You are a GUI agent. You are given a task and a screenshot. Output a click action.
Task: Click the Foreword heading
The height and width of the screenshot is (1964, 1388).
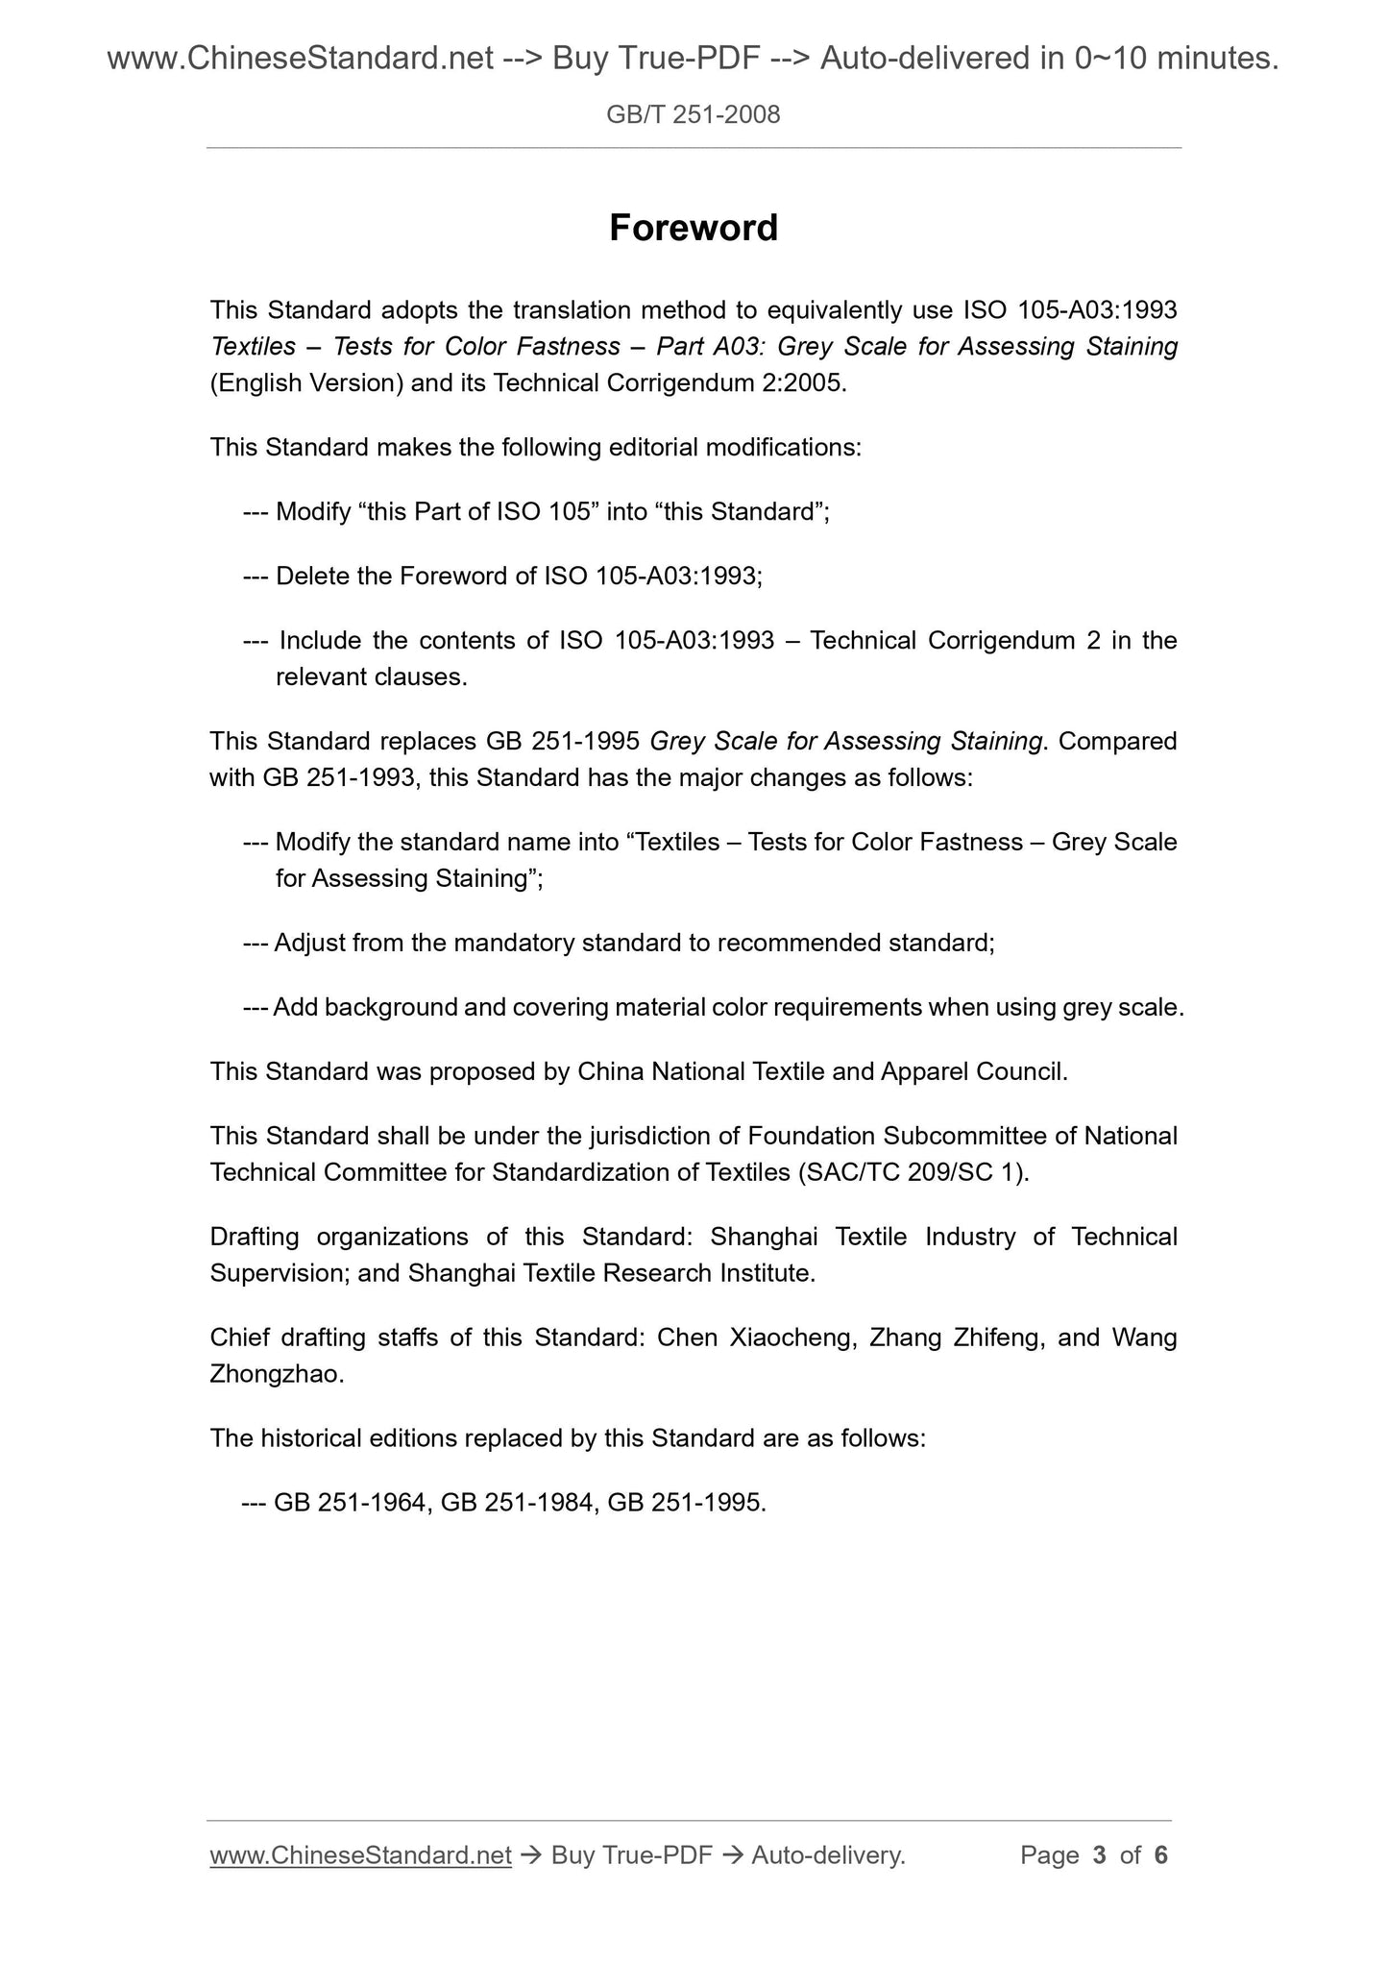[x=694, y=229]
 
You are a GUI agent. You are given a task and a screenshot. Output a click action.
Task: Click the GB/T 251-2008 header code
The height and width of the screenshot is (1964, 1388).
[x=694, y=115]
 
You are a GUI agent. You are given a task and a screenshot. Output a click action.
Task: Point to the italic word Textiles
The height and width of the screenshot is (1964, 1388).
[x=253, y=347]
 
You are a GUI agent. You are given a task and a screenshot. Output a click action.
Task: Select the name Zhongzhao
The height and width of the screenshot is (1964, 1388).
[x=275, y=1375]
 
